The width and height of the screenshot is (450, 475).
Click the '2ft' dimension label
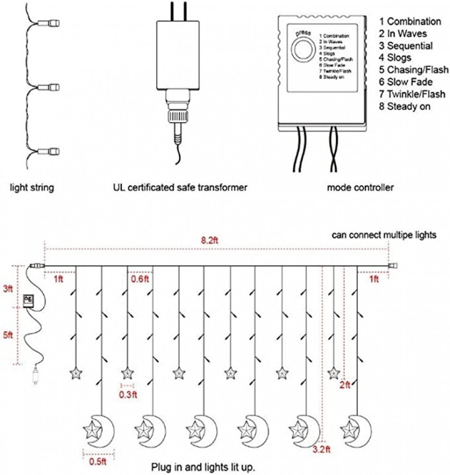tap(345, 385)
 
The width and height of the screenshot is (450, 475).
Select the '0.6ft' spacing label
tap(140, 279)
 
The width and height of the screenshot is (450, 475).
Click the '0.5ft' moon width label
tap(94, 460)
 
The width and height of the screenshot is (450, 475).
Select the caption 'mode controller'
tap(360, 188)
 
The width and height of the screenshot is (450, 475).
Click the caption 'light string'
tap(32, 188)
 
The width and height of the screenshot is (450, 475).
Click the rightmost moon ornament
tap(356, 430)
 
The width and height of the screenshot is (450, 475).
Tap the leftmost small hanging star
tap(75, 373)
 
